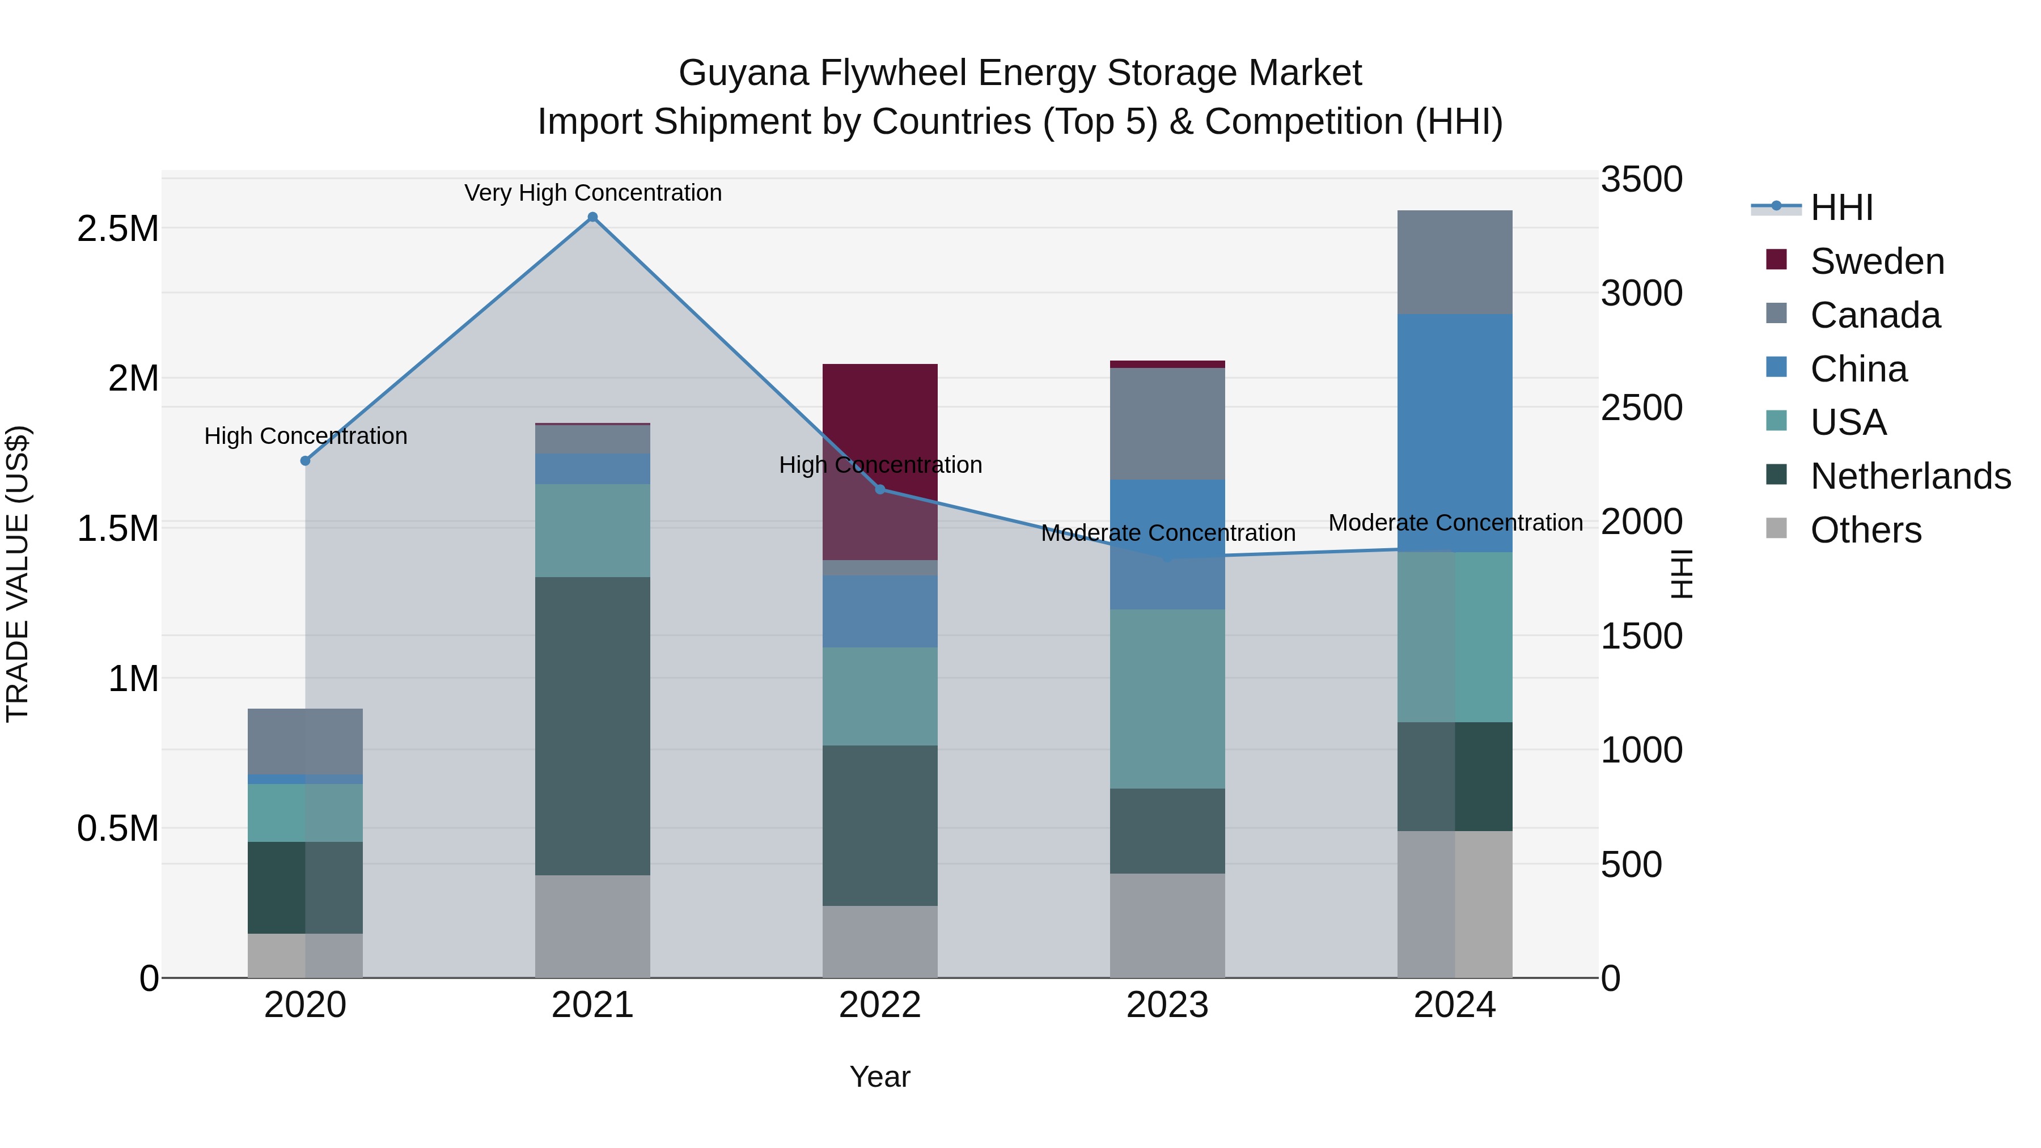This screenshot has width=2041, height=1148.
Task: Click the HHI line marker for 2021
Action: coord(592,217)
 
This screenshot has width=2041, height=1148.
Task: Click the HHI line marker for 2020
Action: coord(305,460)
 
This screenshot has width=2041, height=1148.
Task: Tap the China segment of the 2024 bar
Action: coord(1455,432)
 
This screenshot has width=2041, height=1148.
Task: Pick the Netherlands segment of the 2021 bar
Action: coord(592,725)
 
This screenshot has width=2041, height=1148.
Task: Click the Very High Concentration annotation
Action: coord(592,193)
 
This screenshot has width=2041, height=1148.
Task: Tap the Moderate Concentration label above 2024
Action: coord(1455,523)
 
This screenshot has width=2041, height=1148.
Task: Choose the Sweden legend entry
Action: coord(1877,261)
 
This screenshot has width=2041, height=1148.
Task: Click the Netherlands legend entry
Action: coord(1910,476)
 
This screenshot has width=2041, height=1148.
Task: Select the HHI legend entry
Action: coord(1841,207)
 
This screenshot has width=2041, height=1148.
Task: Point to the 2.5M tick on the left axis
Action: coord(117,229)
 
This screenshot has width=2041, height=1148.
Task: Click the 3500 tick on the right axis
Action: coord(1641,179)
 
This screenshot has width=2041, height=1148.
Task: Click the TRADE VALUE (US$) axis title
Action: coord(18,574)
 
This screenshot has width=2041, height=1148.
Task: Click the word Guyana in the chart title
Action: coord(743,73)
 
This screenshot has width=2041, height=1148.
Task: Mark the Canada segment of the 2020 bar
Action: coord(305,741)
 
